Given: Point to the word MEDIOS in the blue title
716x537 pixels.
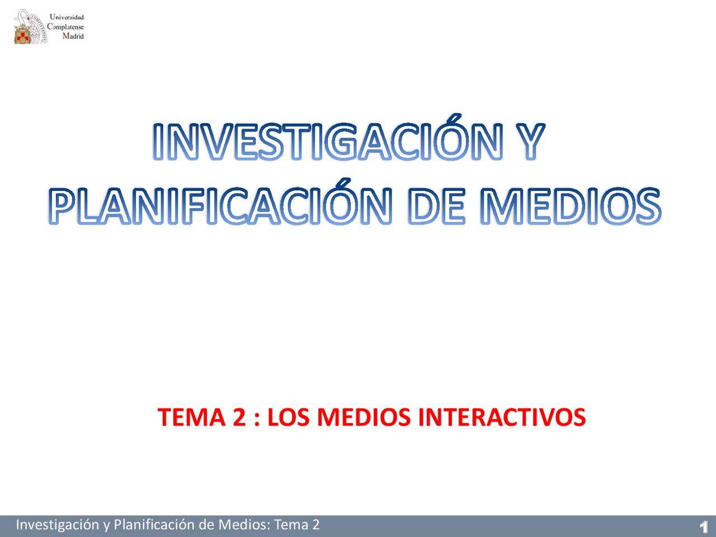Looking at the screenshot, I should click(571, 205).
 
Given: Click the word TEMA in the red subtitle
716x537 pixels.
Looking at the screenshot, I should click(191, 417).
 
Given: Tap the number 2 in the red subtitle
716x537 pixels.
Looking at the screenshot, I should click(239, 417).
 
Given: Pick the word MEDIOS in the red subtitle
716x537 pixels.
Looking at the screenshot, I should click(364, 417).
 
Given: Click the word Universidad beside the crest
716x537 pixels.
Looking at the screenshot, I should click(67, 17).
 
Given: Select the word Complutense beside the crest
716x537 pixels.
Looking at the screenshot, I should click(65, 27).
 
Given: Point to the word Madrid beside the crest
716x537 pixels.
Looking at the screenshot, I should click(73, 36).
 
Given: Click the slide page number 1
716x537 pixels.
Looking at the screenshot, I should click(704, 526).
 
